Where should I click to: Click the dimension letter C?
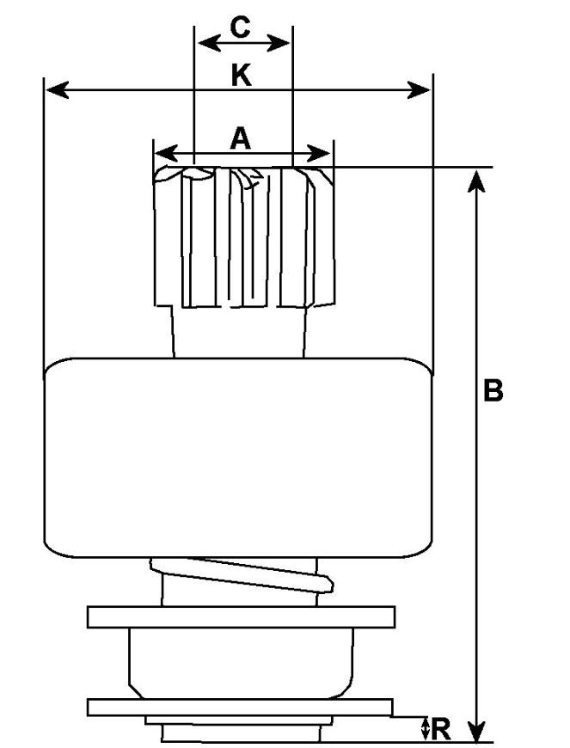[240, 28]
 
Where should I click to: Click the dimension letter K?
[242, 76]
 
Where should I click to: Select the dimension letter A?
[240, 138]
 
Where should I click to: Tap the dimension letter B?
[493, 390]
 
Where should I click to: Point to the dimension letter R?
[441, 729]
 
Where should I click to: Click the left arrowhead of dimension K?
[58, 89]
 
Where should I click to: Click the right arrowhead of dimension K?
[419, 89]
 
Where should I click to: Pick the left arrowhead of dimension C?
[209, 43]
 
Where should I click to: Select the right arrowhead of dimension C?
[279, 43]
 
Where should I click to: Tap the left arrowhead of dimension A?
[167, 154]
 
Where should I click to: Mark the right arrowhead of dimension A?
[319, 154]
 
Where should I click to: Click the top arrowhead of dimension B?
[476, 181]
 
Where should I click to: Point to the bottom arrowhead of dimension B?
[476, 731]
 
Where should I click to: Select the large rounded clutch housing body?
[238, 457]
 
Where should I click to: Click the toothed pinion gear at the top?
[244, 236]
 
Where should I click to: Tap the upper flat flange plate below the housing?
[241, 616]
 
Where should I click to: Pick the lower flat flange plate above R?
[240, 707]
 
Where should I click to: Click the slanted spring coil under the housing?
[242, 575]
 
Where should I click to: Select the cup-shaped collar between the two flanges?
[242, 663]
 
